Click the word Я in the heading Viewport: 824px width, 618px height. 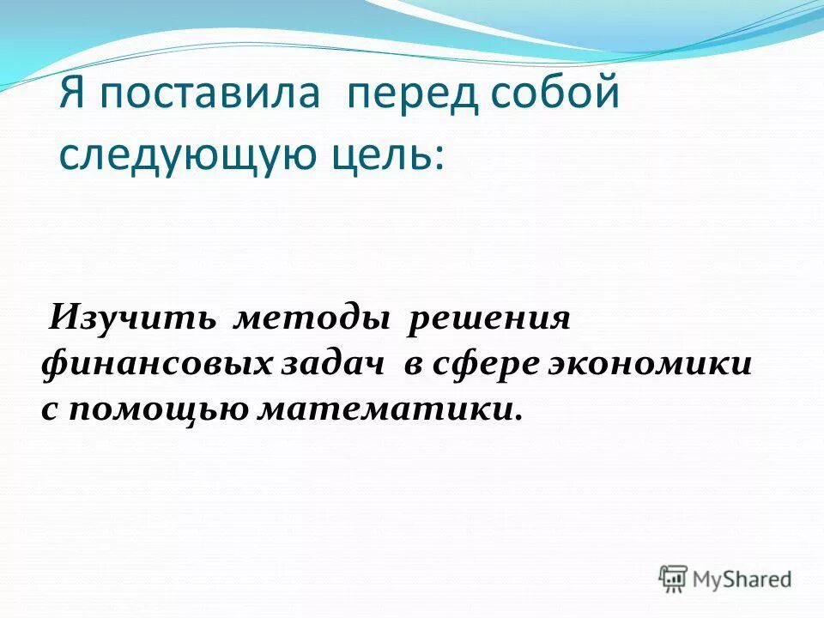tap(72, 94)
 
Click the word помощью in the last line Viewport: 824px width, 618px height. tap(159, 409)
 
